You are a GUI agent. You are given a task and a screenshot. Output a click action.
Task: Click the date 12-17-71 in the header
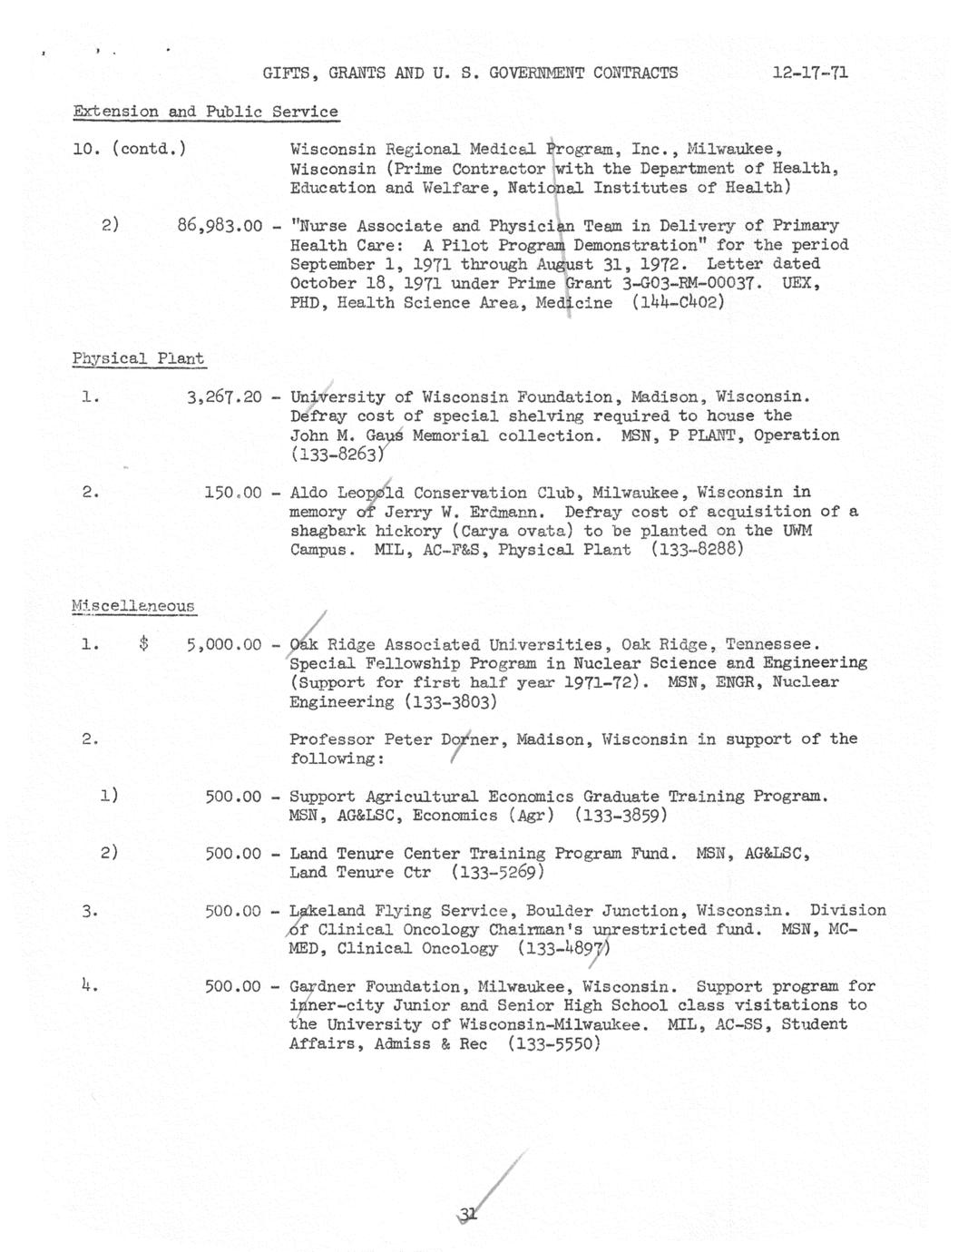810,73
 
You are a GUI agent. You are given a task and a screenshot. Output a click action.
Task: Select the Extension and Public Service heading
206,112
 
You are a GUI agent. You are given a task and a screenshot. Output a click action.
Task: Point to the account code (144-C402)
679,302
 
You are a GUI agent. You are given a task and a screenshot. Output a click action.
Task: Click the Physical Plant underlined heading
138,358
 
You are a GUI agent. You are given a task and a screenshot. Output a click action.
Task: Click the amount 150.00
233,494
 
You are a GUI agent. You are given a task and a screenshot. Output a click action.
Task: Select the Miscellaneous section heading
133,606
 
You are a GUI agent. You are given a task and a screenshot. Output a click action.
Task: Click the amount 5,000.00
224,645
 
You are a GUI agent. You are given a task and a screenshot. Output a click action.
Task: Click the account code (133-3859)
621,816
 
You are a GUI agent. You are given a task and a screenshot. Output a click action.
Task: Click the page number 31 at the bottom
469,1217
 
